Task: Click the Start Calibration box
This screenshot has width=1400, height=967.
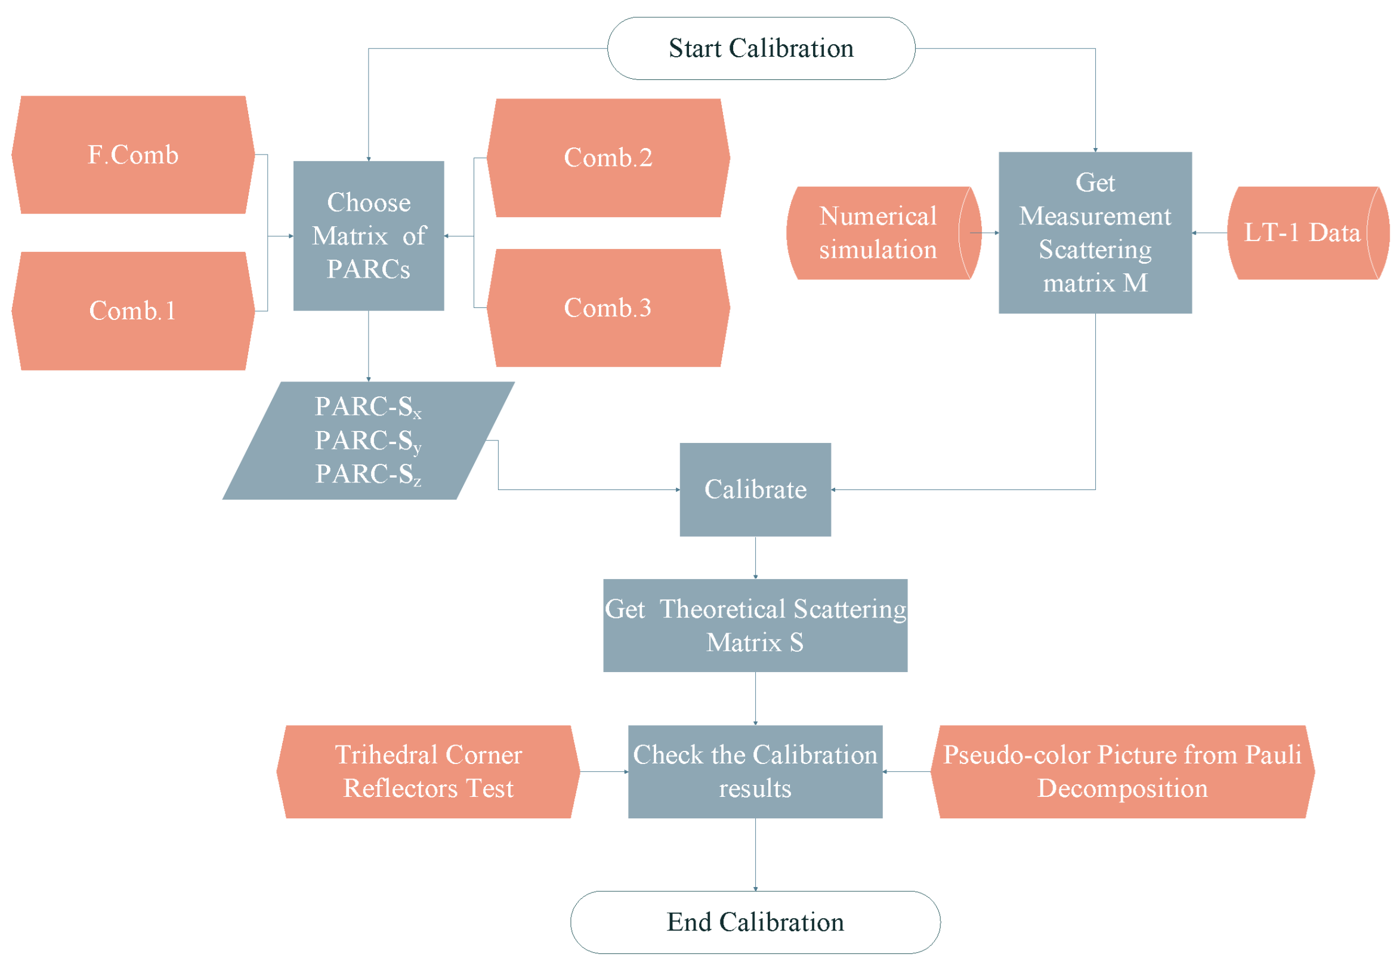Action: (x=761, y=48)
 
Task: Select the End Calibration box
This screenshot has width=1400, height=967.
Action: (x=755, y=922)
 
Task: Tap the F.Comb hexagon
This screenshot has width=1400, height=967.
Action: (x=133, y=155)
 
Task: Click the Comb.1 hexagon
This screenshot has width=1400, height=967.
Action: (x=133, y=311)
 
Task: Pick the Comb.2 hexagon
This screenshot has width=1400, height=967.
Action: (x=608, y=158)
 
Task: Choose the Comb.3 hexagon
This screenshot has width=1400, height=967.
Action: (x=608, y=308)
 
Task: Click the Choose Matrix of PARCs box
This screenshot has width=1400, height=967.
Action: (x=368, y=236)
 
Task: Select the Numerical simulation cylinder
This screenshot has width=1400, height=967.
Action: (x=878, y=233)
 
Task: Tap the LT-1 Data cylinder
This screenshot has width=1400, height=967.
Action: (x=1302, y=233)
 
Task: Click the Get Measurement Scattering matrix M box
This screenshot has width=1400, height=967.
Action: (x=1095, y=233)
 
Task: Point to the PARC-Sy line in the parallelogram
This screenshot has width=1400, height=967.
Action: (x=367, y=441)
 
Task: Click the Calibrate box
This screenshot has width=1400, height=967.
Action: (x=755, y=489)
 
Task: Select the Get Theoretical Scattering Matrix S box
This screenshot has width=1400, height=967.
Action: (x=755, y=626)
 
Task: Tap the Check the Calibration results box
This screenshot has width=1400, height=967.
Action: (x=755, y=771)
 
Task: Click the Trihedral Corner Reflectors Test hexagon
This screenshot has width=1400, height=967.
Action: (x=428, y=771)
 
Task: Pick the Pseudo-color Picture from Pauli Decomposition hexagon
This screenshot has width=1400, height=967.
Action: (x=1122, y=771)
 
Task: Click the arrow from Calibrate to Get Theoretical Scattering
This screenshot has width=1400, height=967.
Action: (x=755, y=558)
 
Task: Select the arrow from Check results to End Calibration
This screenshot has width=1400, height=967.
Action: (x=755, y=854)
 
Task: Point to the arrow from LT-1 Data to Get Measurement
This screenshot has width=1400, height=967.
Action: (x=1209, y=233)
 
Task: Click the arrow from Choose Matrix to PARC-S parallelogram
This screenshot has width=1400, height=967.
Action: (x=368, y=346)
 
